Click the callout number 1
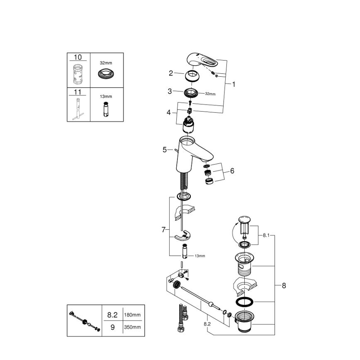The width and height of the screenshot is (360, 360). [x=234, y=84]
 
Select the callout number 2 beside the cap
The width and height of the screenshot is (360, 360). [x=170, y=73]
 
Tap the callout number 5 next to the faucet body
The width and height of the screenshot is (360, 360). [x=165, y=150]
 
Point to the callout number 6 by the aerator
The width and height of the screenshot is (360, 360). [x=232, y=170]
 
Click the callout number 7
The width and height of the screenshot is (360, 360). [x=164, y=229]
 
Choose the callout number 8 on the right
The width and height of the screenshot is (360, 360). [x=284, y=285]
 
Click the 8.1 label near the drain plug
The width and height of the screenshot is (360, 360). [x=266, y=235]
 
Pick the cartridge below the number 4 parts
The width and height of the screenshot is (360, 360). [x=189, y=125]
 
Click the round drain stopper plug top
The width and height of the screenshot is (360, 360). [x=243, y=219]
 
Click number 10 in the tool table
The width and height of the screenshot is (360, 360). [x=78, y=57]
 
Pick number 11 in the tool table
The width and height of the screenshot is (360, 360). [x=78, y=92]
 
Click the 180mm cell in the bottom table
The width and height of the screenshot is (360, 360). [x=132, y=315]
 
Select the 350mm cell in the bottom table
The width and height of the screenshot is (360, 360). [x=132, y=327]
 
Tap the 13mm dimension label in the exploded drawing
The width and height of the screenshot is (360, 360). [x=199, y=256]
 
